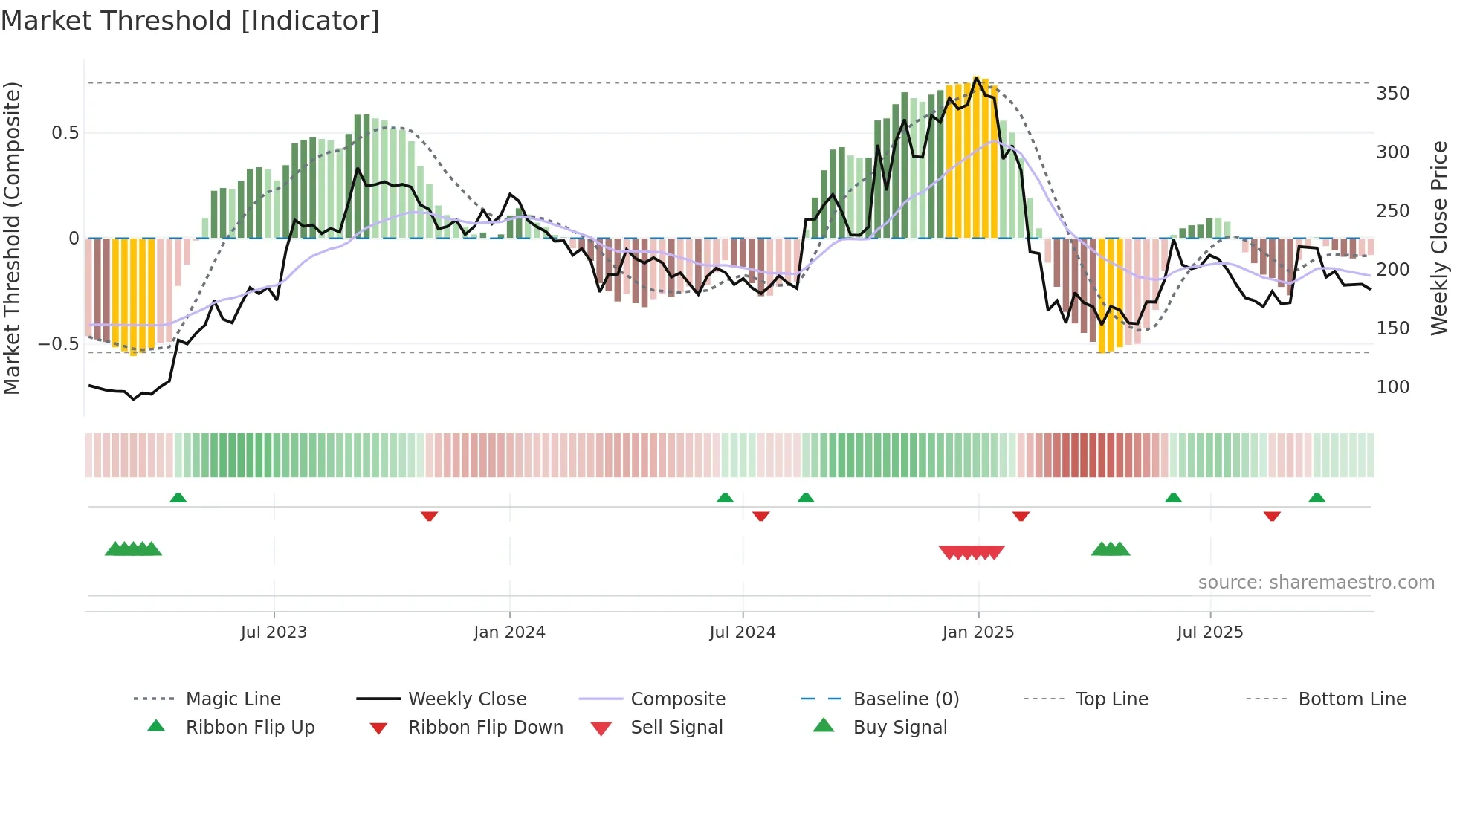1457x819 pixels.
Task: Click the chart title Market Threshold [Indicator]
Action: coord(190,21)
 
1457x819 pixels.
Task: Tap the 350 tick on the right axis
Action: coord(1392,94)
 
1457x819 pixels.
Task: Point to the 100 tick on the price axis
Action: coord(1392,387)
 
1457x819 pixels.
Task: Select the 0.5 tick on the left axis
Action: coord(65,133)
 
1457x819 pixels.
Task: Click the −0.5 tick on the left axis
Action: coord(58,344)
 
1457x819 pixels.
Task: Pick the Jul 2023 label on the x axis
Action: coord(274,632)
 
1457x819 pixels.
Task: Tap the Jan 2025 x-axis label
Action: coord(978,632)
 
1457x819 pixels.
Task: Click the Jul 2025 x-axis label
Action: coord(1209,632)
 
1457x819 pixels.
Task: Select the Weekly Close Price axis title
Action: coord(1439,238)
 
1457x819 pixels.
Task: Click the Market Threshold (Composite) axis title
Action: coord(12,238)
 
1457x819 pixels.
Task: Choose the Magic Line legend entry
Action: coord(233,699)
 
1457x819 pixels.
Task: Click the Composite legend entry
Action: coord(677,699)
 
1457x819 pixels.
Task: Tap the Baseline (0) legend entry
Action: coord(905,699)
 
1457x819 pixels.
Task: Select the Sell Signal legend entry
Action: coord(676,728)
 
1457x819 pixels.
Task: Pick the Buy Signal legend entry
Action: coord(899,728)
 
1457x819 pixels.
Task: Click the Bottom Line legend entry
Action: coord(1351,699)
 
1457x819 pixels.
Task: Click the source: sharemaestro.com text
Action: coord(1316,583)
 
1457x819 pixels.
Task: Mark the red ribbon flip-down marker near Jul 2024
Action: coord(760,516)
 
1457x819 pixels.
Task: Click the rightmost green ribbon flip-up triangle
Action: coord(1317,498)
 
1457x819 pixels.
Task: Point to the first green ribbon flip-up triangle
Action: coord(178,498)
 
